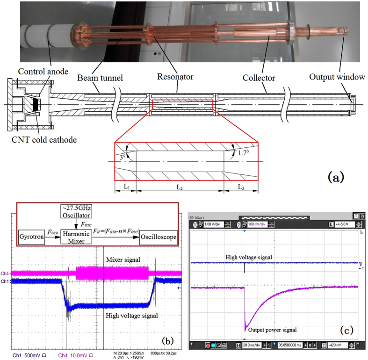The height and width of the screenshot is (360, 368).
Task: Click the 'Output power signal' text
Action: pyautogui.click(x=274, y=330)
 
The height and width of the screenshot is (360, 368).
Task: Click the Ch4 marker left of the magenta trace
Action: pyautogui.click(x=6, y=274)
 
